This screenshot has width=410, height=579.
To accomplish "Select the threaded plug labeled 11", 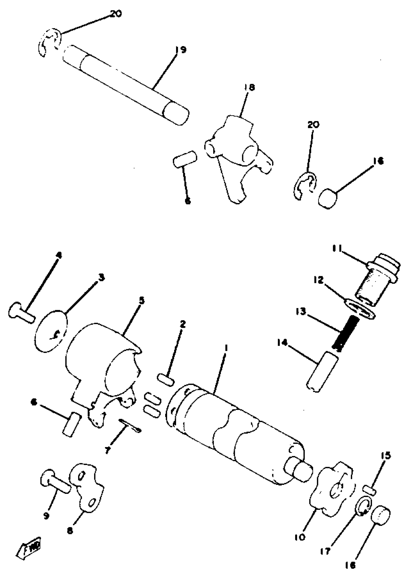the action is [376, 280].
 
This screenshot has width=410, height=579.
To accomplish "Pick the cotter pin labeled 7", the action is [130, 425].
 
